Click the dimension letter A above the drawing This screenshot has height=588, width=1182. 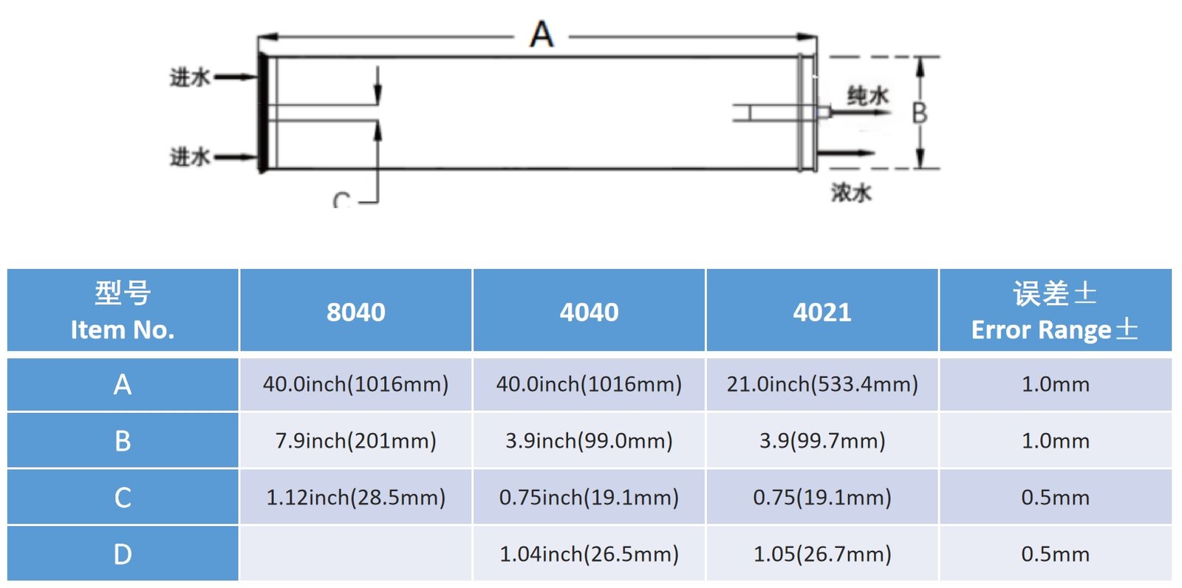tap(542, 34)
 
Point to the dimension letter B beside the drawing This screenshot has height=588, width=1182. tap(920, 113)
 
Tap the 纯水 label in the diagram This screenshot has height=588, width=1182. tap(868, 96)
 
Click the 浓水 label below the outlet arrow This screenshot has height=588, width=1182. tap(851, 193)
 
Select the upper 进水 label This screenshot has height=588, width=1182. tap(190, 78)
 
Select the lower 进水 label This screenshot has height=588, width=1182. tap(190, 157)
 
